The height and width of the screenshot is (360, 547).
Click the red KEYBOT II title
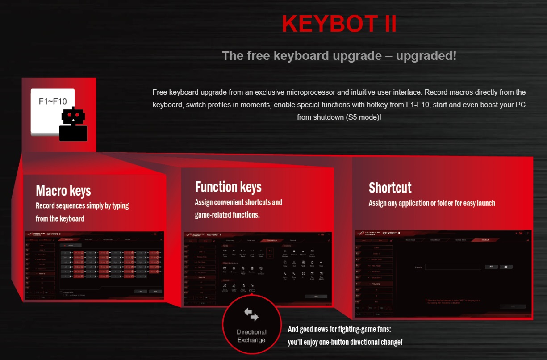339,24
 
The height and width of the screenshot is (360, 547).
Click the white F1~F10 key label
52,101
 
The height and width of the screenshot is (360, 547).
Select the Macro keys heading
63,191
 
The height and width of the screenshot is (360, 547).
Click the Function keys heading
228,187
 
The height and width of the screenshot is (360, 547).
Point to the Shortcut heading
390,188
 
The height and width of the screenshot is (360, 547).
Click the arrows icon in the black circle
251,314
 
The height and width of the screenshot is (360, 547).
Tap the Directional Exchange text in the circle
251,336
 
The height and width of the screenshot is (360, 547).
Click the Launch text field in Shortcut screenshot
453,267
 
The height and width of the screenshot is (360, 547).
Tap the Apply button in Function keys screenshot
316,297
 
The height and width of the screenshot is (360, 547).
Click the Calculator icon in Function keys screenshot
252,268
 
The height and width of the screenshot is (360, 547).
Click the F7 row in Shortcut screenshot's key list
374,284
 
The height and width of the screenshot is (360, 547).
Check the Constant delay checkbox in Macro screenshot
61,292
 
